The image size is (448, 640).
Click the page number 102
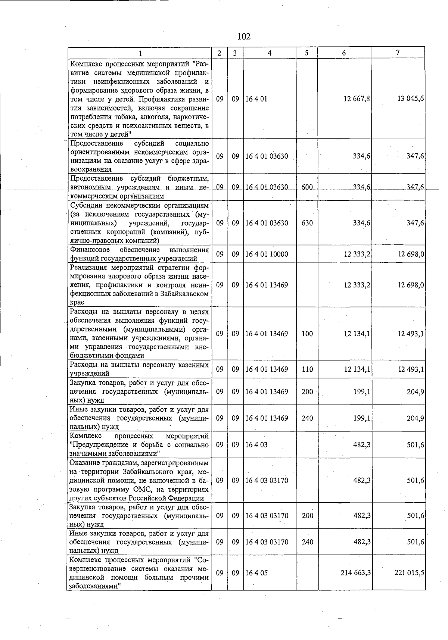pos(243,37)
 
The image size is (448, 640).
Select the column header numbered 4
pos(270,53)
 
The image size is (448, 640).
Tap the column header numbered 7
pos(398,53)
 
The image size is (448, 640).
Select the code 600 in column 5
pos(307,187)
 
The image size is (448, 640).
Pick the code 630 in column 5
pos(307,223)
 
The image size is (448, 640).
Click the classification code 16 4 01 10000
pos(267,255)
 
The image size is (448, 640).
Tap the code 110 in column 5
pos(307,369)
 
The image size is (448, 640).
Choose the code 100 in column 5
pos(307,334)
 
